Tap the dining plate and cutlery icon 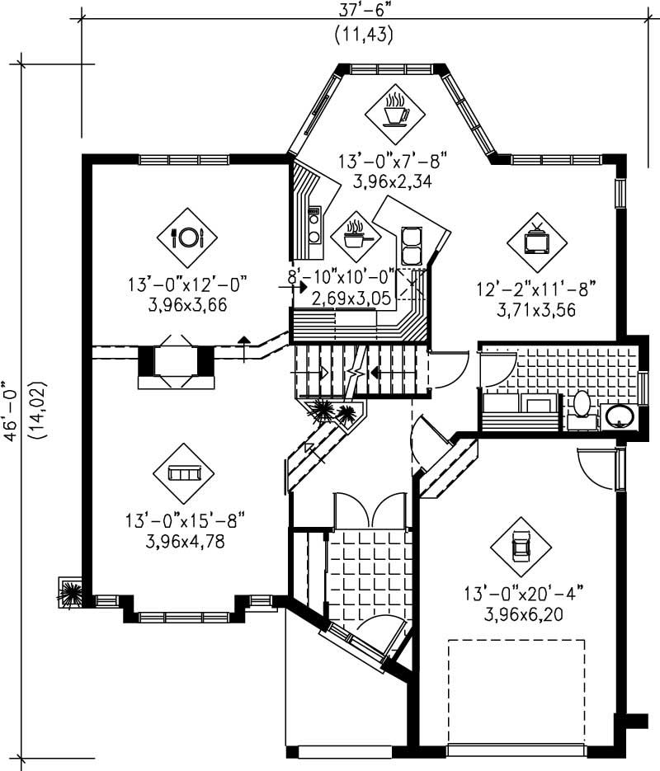pyautogui.click(x=186, y=237)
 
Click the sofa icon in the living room pyautogui.click(x=183, y=473)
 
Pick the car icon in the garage pyautogui.click(x=520, y=547)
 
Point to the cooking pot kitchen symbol pyautogui.click(x=356, y=234)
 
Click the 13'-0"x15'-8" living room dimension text pyautogui.click(x=185, y=521)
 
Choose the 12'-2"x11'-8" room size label pyautogui.click(x=535, y=289)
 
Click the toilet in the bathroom pyautogui.click(x=582, y=406)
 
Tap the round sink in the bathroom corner pyautogui.click(x=618, y=416)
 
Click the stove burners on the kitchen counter pyautogui.click(x=314, y=226)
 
